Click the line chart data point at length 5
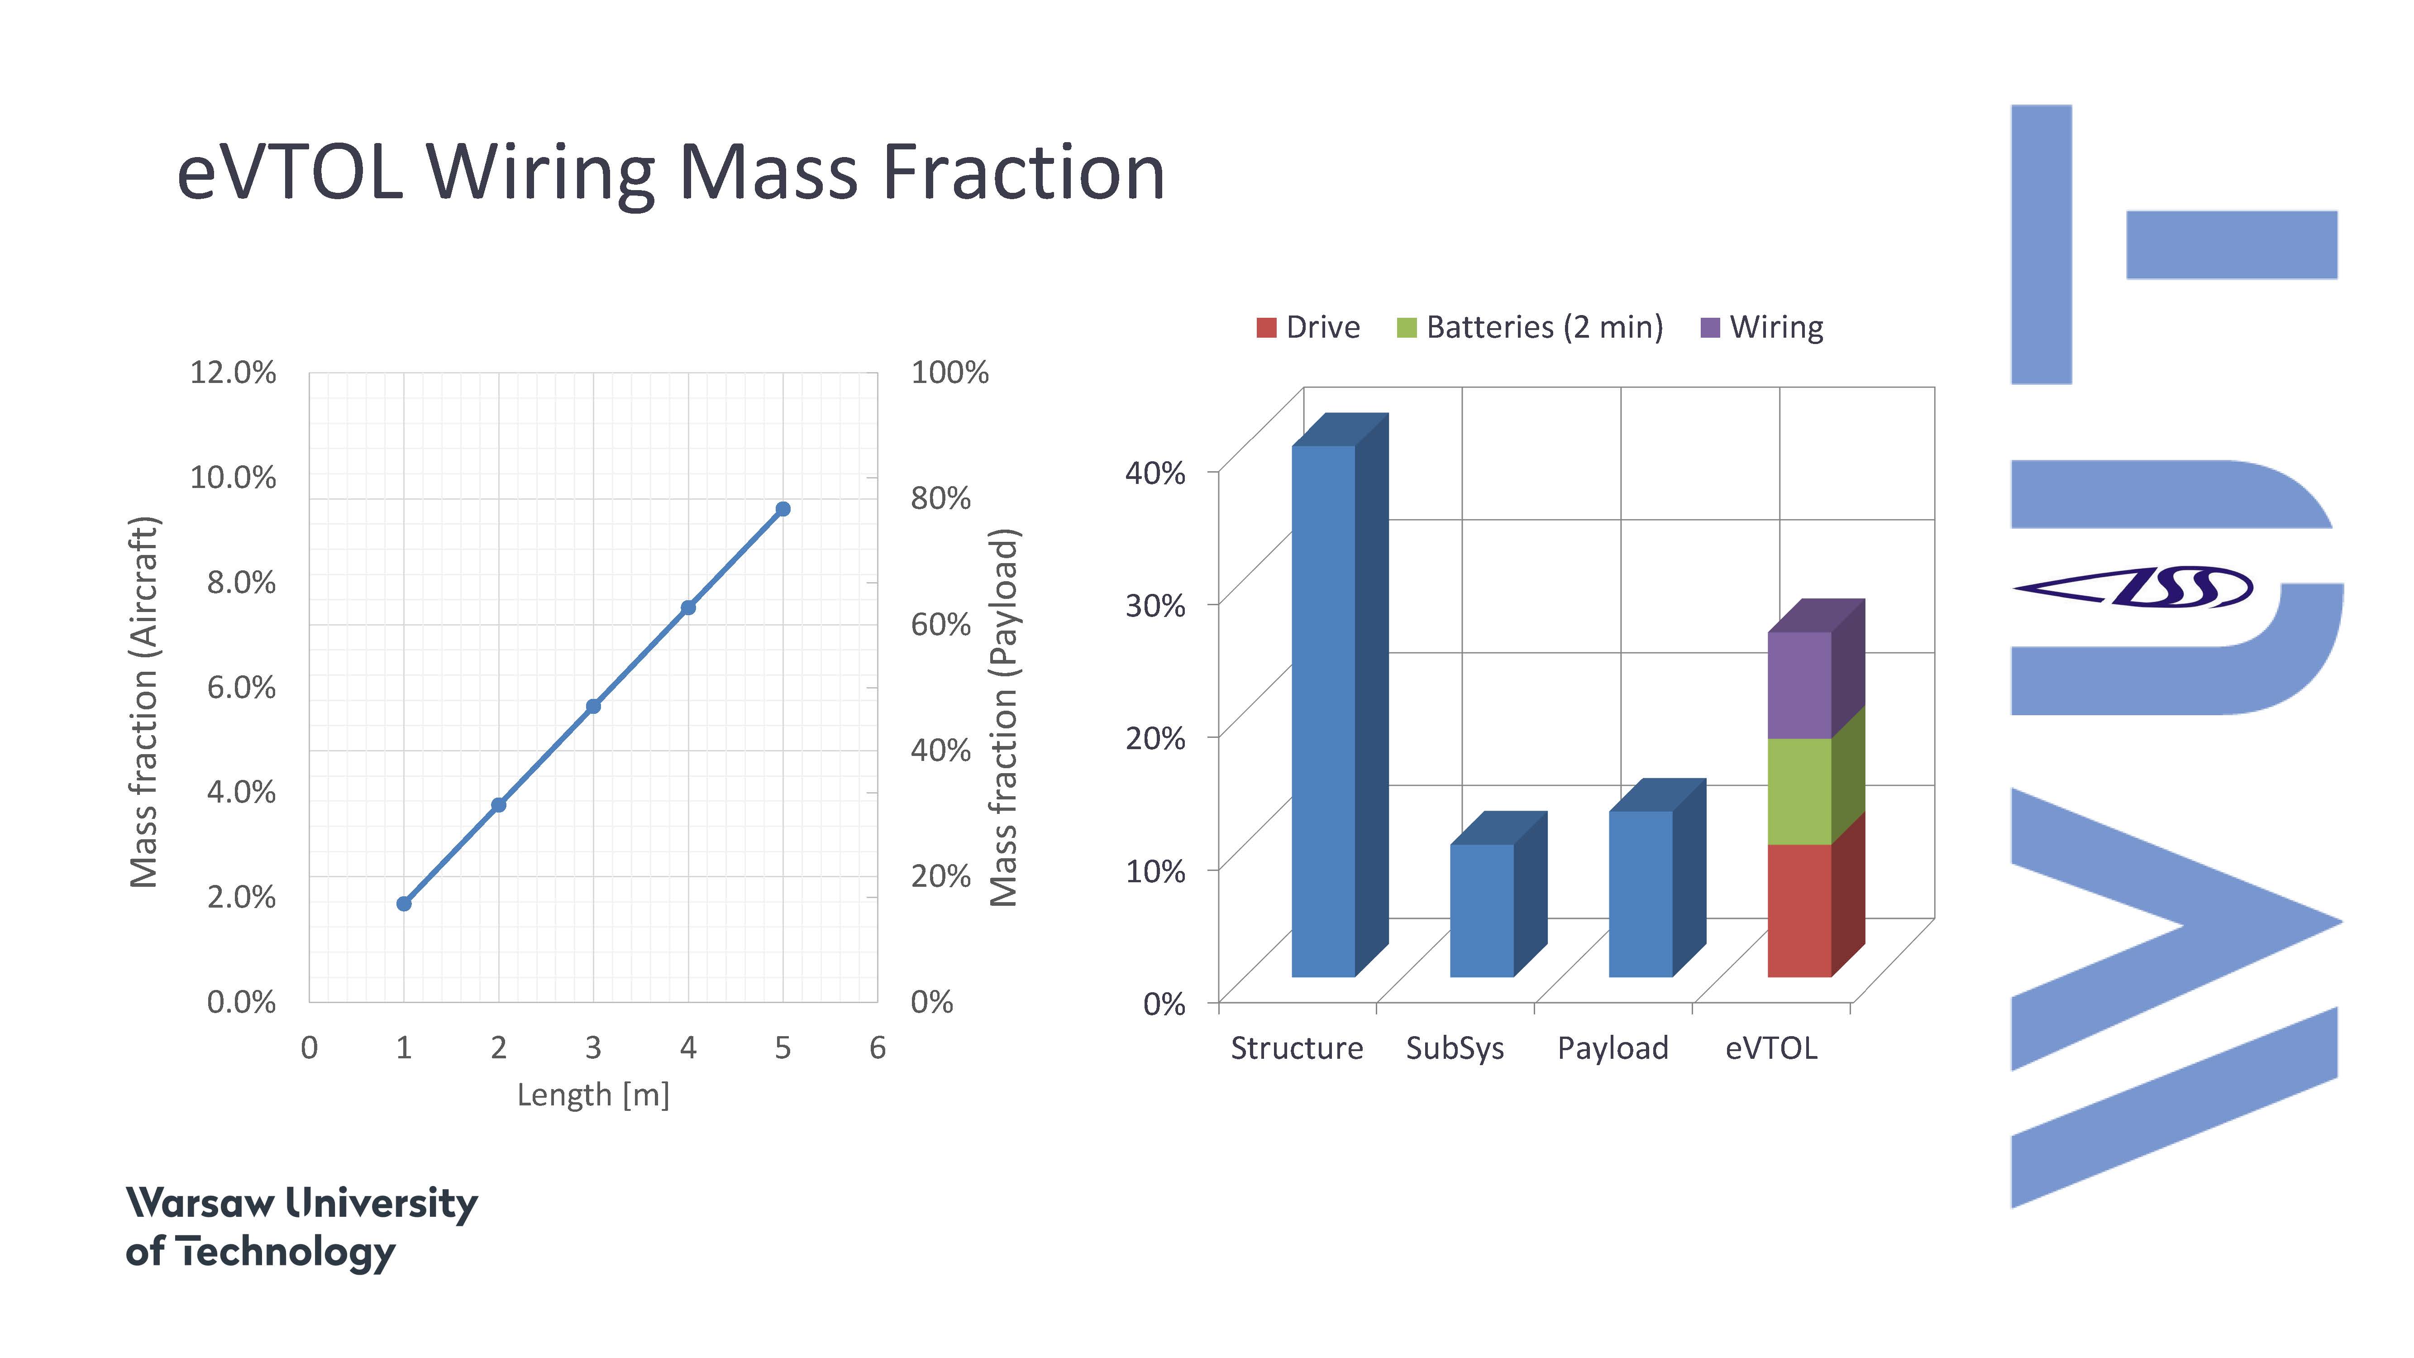coord(782,509)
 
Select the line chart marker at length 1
coord(404,904)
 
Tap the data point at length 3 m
coord(593,706)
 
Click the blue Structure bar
coord(1323,712)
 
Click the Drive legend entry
coord(1308,327)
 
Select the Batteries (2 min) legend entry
coord(1529,327)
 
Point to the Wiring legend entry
coord(1762,327)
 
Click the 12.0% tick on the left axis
coord(234,372)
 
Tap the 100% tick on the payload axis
coord(949,372)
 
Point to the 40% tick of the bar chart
coord(1155,473)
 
